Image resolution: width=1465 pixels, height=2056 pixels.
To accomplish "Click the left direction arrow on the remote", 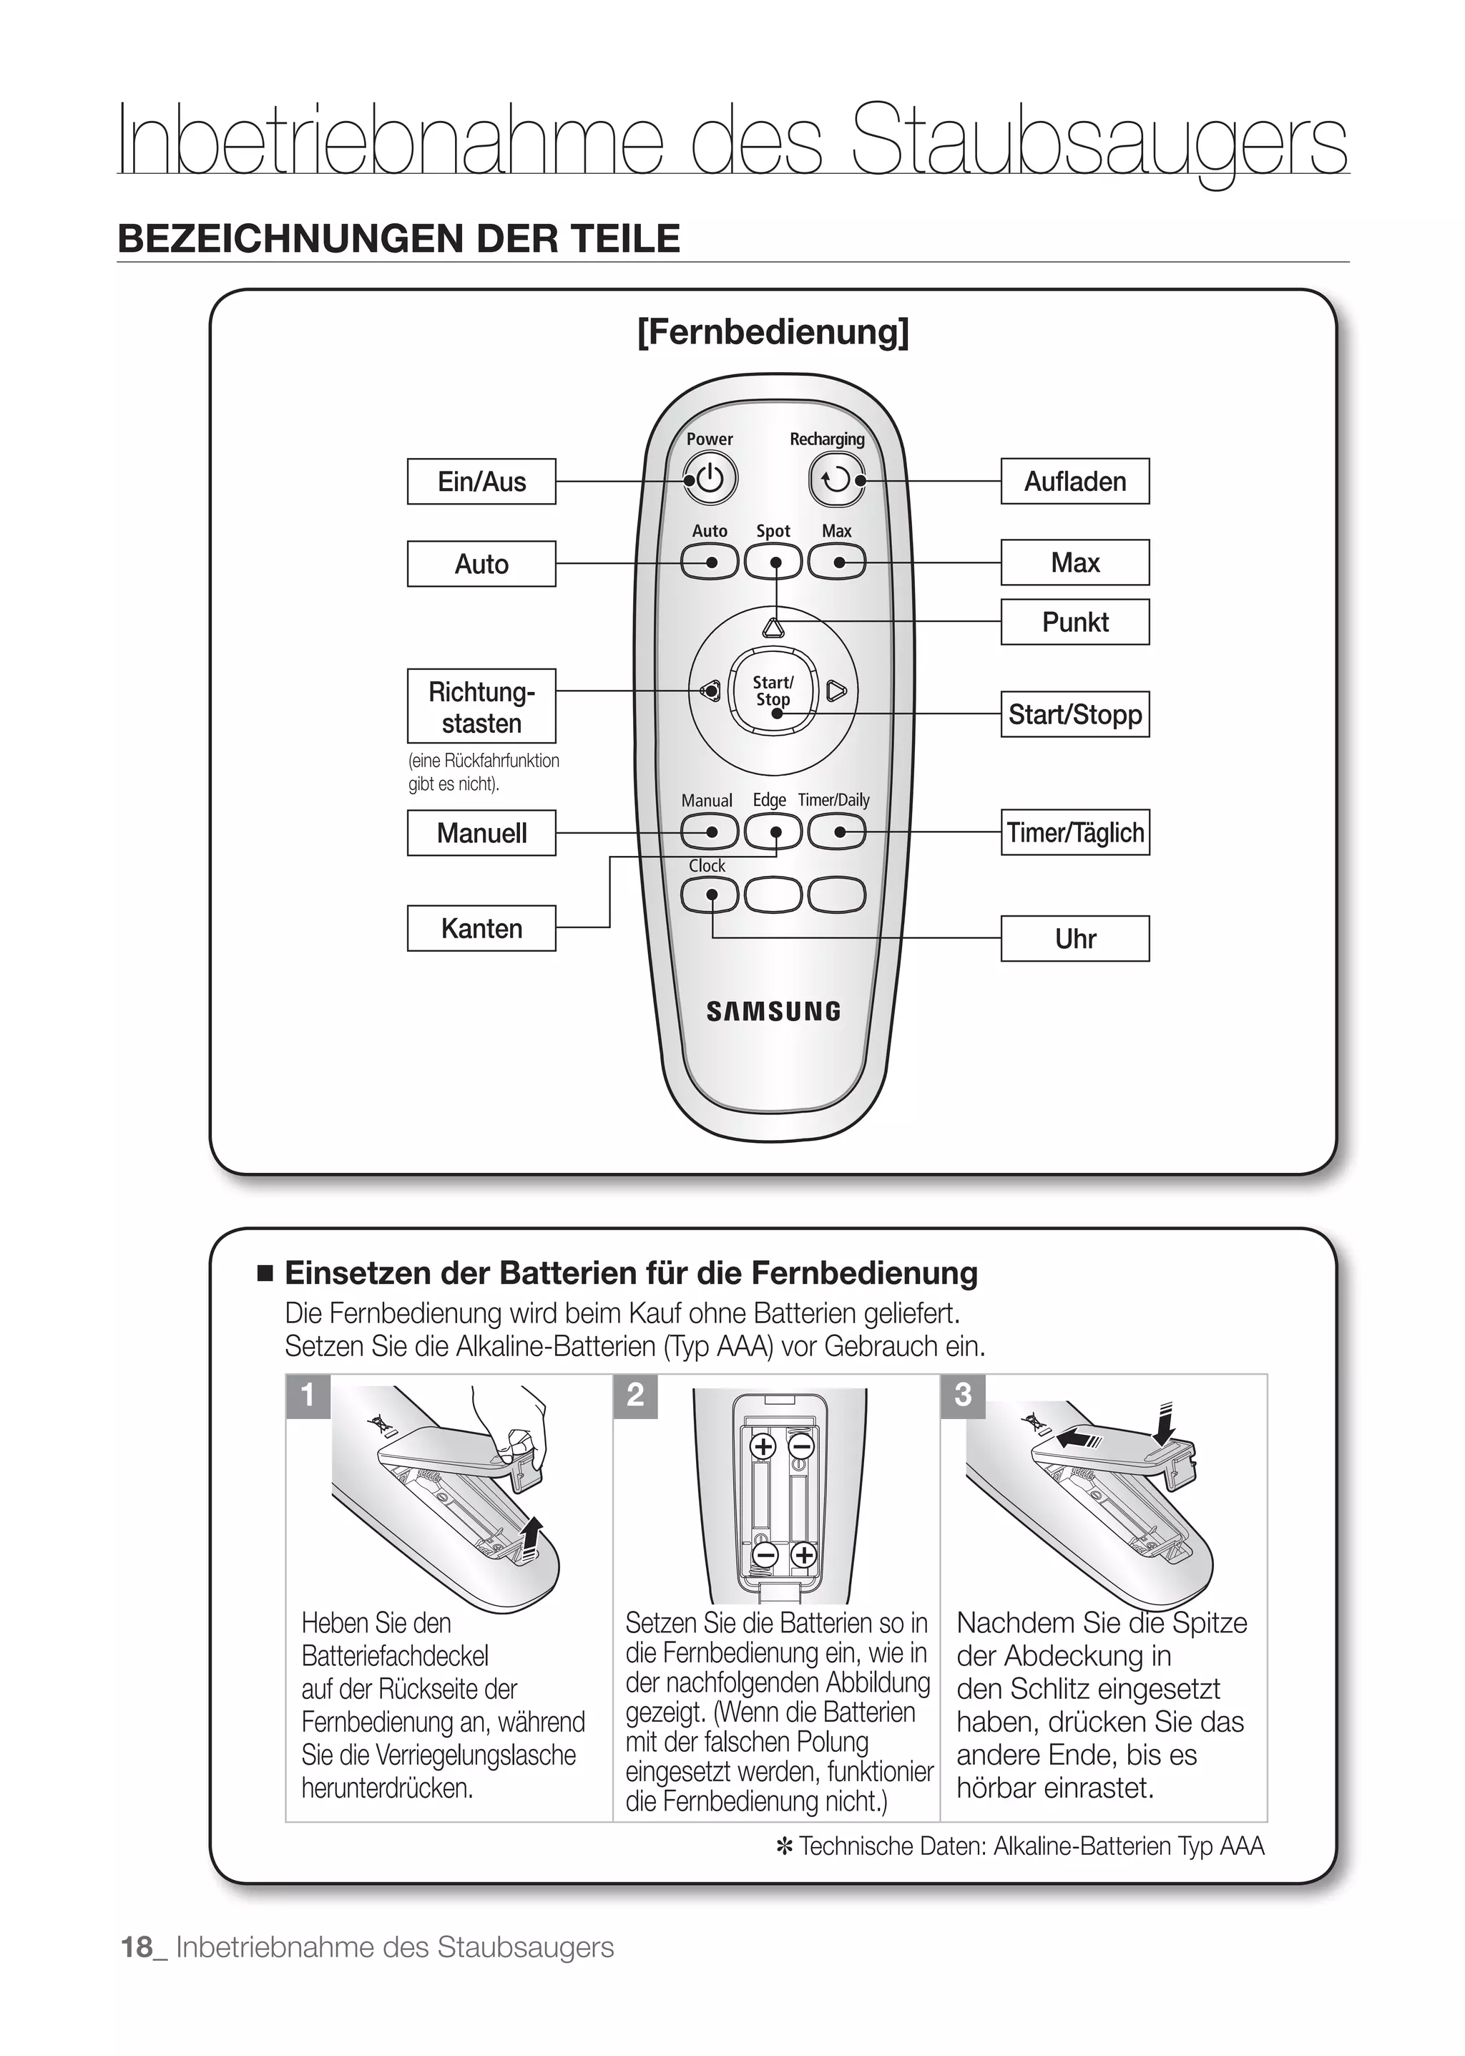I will pos(709,691).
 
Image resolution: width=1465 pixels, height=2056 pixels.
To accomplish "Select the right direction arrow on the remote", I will pos(836,691).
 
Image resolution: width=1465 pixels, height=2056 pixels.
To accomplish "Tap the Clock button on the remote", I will pos(710,895).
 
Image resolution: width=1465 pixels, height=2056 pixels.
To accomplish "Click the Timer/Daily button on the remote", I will pos(836,832).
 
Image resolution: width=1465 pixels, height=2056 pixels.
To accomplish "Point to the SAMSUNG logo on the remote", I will pos(773,1012).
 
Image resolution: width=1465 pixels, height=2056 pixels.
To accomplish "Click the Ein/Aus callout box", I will pos(481,481).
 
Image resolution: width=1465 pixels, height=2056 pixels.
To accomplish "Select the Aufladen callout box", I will pos(1074,481).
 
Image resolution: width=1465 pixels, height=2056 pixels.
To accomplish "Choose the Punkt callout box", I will pos(1074,622).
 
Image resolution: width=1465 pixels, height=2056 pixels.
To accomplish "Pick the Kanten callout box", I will pos(481,928).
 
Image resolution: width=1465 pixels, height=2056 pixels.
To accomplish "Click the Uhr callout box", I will pos(1074,939).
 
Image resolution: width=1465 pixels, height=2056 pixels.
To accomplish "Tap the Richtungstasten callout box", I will pos(481,706).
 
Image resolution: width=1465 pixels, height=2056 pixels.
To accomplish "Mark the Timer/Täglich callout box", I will pos(1074,832).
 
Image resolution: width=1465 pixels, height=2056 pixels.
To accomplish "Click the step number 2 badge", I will pos(635,1395).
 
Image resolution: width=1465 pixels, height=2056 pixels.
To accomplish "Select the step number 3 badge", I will pos(963,1395).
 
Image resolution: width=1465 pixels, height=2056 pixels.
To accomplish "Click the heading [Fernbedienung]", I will pos(773,332).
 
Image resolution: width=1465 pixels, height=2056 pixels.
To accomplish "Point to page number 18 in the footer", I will pos(137,1947).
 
